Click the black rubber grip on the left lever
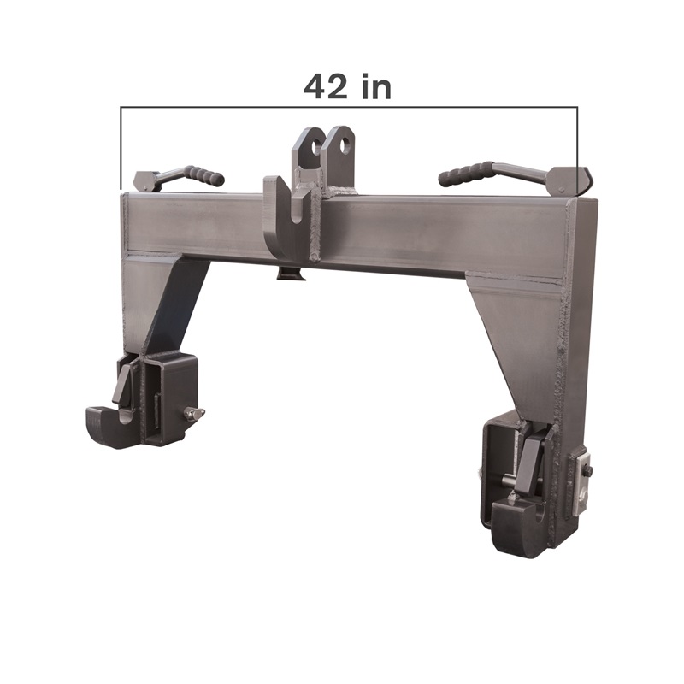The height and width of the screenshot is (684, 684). coord(206,175)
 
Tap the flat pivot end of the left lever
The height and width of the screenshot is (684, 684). coord(146,181)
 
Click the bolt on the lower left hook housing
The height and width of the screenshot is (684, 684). coord(193,415)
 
